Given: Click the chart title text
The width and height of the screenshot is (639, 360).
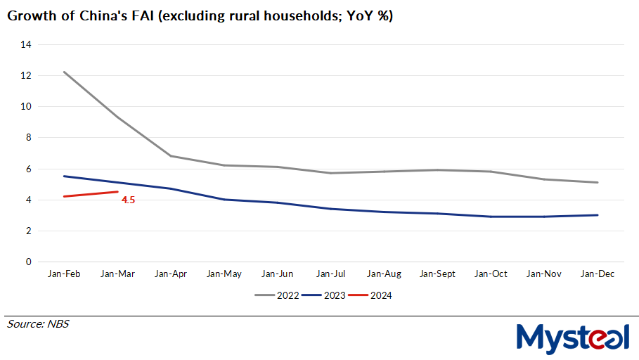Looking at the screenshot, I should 200,16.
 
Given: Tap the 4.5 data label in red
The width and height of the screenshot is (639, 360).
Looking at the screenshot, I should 128,200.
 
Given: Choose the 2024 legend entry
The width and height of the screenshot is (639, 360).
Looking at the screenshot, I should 370,295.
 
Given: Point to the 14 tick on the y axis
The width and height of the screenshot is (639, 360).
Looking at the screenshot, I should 27,44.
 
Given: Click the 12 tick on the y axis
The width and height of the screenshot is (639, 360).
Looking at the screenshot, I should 27,75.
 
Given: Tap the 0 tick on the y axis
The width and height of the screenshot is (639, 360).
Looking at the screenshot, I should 29,262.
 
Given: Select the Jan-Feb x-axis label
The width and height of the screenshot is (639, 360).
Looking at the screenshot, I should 64,274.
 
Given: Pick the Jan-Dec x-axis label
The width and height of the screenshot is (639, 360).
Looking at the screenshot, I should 598,274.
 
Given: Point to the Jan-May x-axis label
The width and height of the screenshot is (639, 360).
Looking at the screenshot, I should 224,274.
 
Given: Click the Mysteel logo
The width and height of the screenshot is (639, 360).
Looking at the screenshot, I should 573,337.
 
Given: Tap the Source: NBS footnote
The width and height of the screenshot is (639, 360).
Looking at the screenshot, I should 38,324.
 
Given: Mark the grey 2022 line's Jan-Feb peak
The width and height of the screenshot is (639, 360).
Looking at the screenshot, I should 64,72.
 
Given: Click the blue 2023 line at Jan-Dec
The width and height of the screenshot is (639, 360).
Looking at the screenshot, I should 598,215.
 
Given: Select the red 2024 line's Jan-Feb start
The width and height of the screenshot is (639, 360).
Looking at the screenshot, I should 64,196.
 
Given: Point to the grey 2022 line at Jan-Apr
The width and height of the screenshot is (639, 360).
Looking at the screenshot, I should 171,156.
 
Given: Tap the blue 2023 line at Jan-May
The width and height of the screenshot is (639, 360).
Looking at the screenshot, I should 224,200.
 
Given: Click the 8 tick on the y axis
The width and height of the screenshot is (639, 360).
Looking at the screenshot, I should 29,138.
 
